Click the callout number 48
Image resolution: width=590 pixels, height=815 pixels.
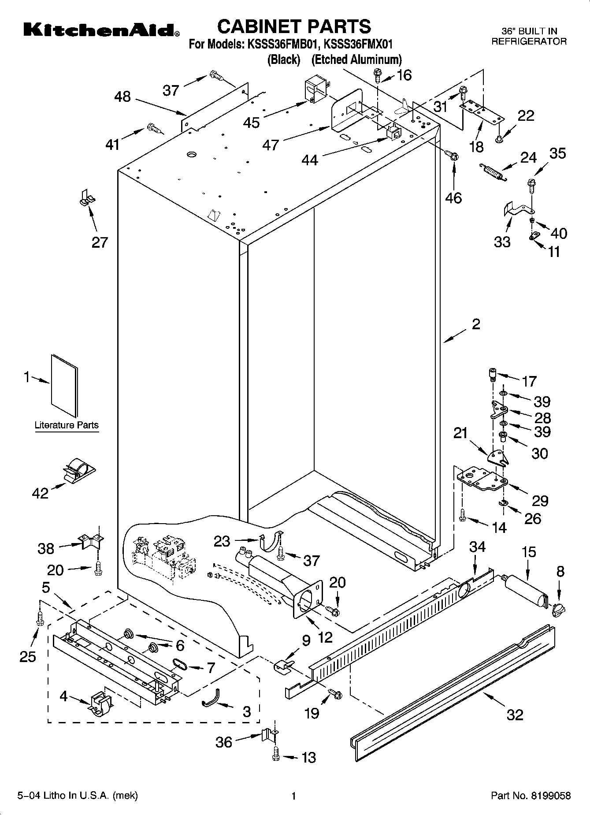click(x=122, y=97)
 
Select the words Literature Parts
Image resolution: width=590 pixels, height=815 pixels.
click(x=67, y=425)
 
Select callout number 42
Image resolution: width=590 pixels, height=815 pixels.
click(x=40, y=493)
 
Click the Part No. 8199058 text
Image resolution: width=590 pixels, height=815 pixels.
click(x=531, y=796)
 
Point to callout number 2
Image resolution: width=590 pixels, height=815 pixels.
click(x=476, y=324)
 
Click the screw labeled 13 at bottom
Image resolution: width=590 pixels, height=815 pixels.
click(x=276, y=756)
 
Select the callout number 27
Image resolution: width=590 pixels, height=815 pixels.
click(x=100, y=242)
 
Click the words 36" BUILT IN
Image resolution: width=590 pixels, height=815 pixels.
click(x=530, y=31)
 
